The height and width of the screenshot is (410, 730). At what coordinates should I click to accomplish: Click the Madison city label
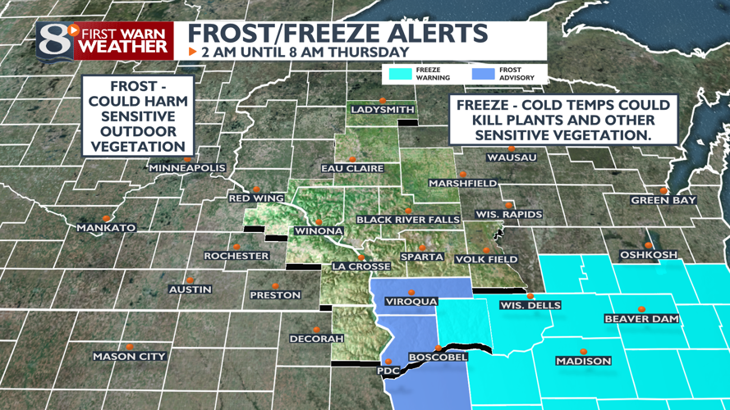pos(583,361)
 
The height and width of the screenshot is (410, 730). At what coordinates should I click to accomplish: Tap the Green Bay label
pos(663,201)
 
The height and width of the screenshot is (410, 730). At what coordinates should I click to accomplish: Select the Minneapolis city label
pos(186,168)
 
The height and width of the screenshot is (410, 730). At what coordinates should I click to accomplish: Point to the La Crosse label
pos(359,266)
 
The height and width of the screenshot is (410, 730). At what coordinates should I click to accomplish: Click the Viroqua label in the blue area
pos(411,302)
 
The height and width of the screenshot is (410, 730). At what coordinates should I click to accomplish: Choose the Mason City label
pos(129,357)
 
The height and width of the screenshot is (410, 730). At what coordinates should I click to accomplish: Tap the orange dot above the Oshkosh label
pos(649,245)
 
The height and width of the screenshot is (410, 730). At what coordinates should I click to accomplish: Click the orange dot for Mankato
pos(105,218)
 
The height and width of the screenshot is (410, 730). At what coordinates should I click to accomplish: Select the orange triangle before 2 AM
pos(192,52)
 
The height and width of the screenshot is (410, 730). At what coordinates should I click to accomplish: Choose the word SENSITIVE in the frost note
pos(137,116)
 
